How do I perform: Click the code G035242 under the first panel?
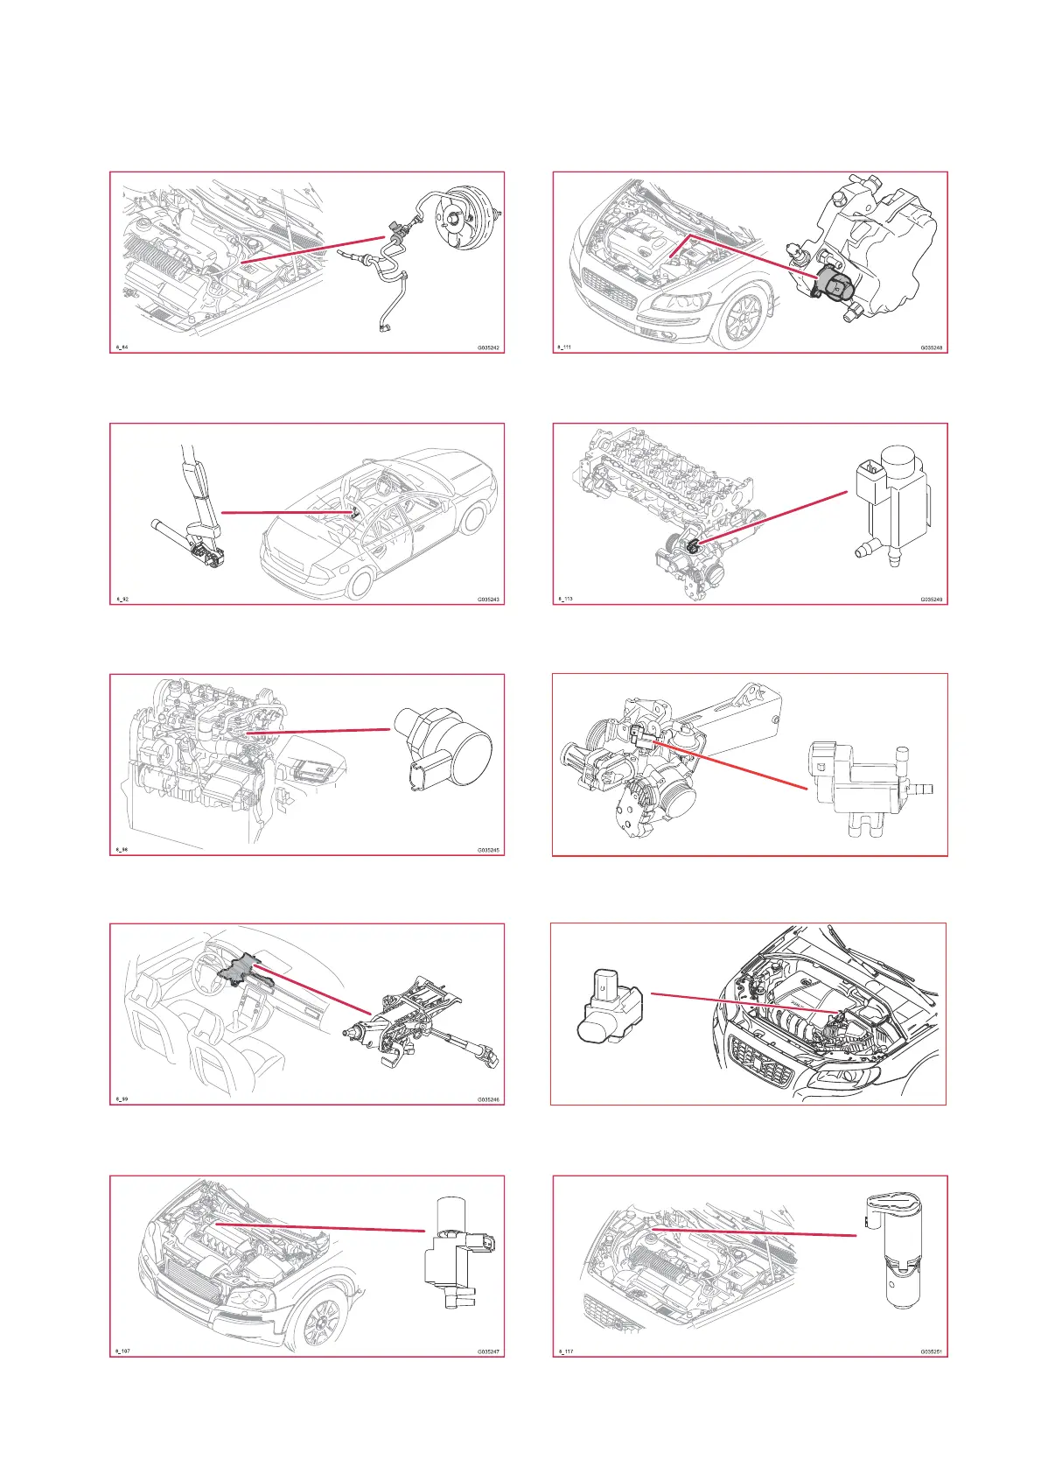point(488,347)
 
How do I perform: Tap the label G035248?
point(931,347)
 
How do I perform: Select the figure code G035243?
point(488,600)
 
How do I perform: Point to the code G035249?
point(931,600)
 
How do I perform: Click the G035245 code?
point(488,850)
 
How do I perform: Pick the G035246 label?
point(488,1099)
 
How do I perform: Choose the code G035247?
point(488,1351)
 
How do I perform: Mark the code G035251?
point(931,1351)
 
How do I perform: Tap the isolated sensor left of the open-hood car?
point(609,1006)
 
